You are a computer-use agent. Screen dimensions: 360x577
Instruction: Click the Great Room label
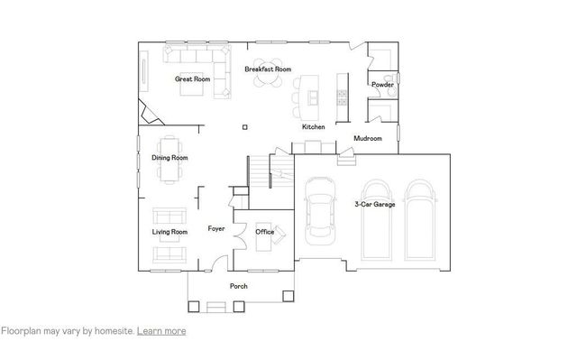pos(192,79)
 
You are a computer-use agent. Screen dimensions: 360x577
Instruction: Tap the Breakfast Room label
pos(268,69)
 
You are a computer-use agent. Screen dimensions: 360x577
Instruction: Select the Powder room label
pos(382,85)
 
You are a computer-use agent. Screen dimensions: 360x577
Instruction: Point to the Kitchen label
pos(313,127)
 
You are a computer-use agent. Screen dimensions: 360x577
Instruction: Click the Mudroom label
pos(368,138)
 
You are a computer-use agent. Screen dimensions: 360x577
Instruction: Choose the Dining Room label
pos(169,159)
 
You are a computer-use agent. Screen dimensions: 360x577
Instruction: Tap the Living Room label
pos(169,232)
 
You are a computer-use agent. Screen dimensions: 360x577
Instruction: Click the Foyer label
pos(216,229)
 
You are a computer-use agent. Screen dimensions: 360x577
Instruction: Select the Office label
pos(264,232)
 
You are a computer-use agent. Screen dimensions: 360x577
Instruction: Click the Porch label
pos(239,286)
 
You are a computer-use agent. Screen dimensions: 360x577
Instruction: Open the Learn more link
pos(161,331)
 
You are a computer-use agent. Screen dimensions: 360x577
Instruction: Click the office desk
pos(280,232)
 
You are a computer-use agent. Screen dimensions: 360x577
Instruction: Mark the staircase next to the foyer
pos(260,171)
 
